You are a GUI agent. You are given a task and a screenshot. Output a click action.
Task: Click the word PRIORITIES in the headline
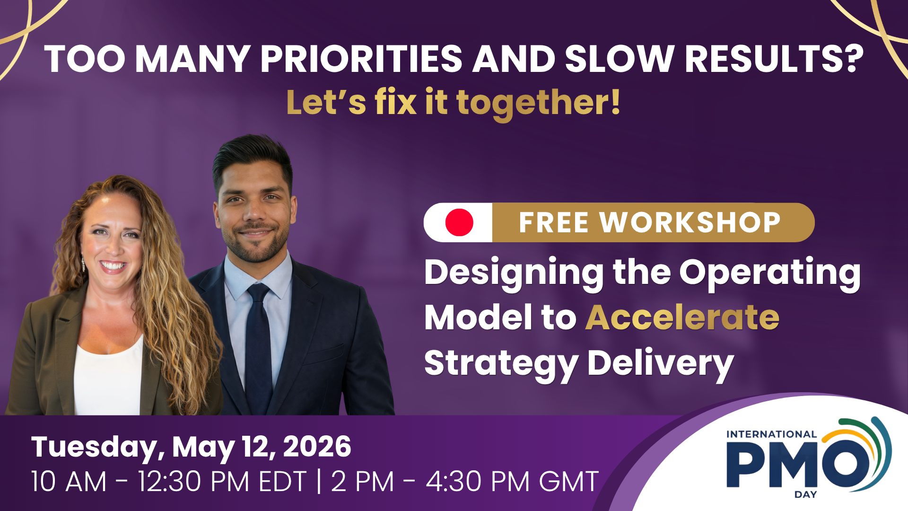361,59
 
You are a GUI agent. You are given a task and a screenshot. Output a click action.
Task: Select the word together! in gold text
538,103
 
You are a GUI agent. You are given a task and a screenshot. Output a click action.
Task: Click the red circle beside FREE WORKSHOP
459,222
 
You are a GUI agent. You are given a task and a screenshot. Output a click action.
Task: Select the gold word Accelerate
682,317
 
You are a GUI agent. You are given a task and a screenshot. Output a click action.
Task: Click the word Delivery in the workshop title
660,364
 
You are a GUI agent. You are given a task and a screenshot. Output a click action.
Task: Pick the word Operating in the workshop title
770,274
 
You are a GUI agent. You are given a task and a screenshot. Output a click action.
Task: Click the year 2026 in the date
317,447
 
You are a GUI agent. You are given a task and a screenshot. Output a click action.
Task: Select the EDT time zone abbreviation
283,482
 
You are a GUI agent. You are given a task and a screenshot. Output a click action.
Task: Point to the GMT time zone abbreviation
569,482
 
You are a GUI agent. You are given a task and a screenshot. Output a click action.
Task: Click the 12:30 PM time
193,482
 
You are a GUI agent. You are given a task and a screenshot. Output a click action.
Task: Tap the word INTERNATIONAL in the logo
771,434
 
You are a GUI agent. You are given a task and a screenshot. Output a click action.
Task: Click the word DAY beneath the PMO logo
805,494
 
